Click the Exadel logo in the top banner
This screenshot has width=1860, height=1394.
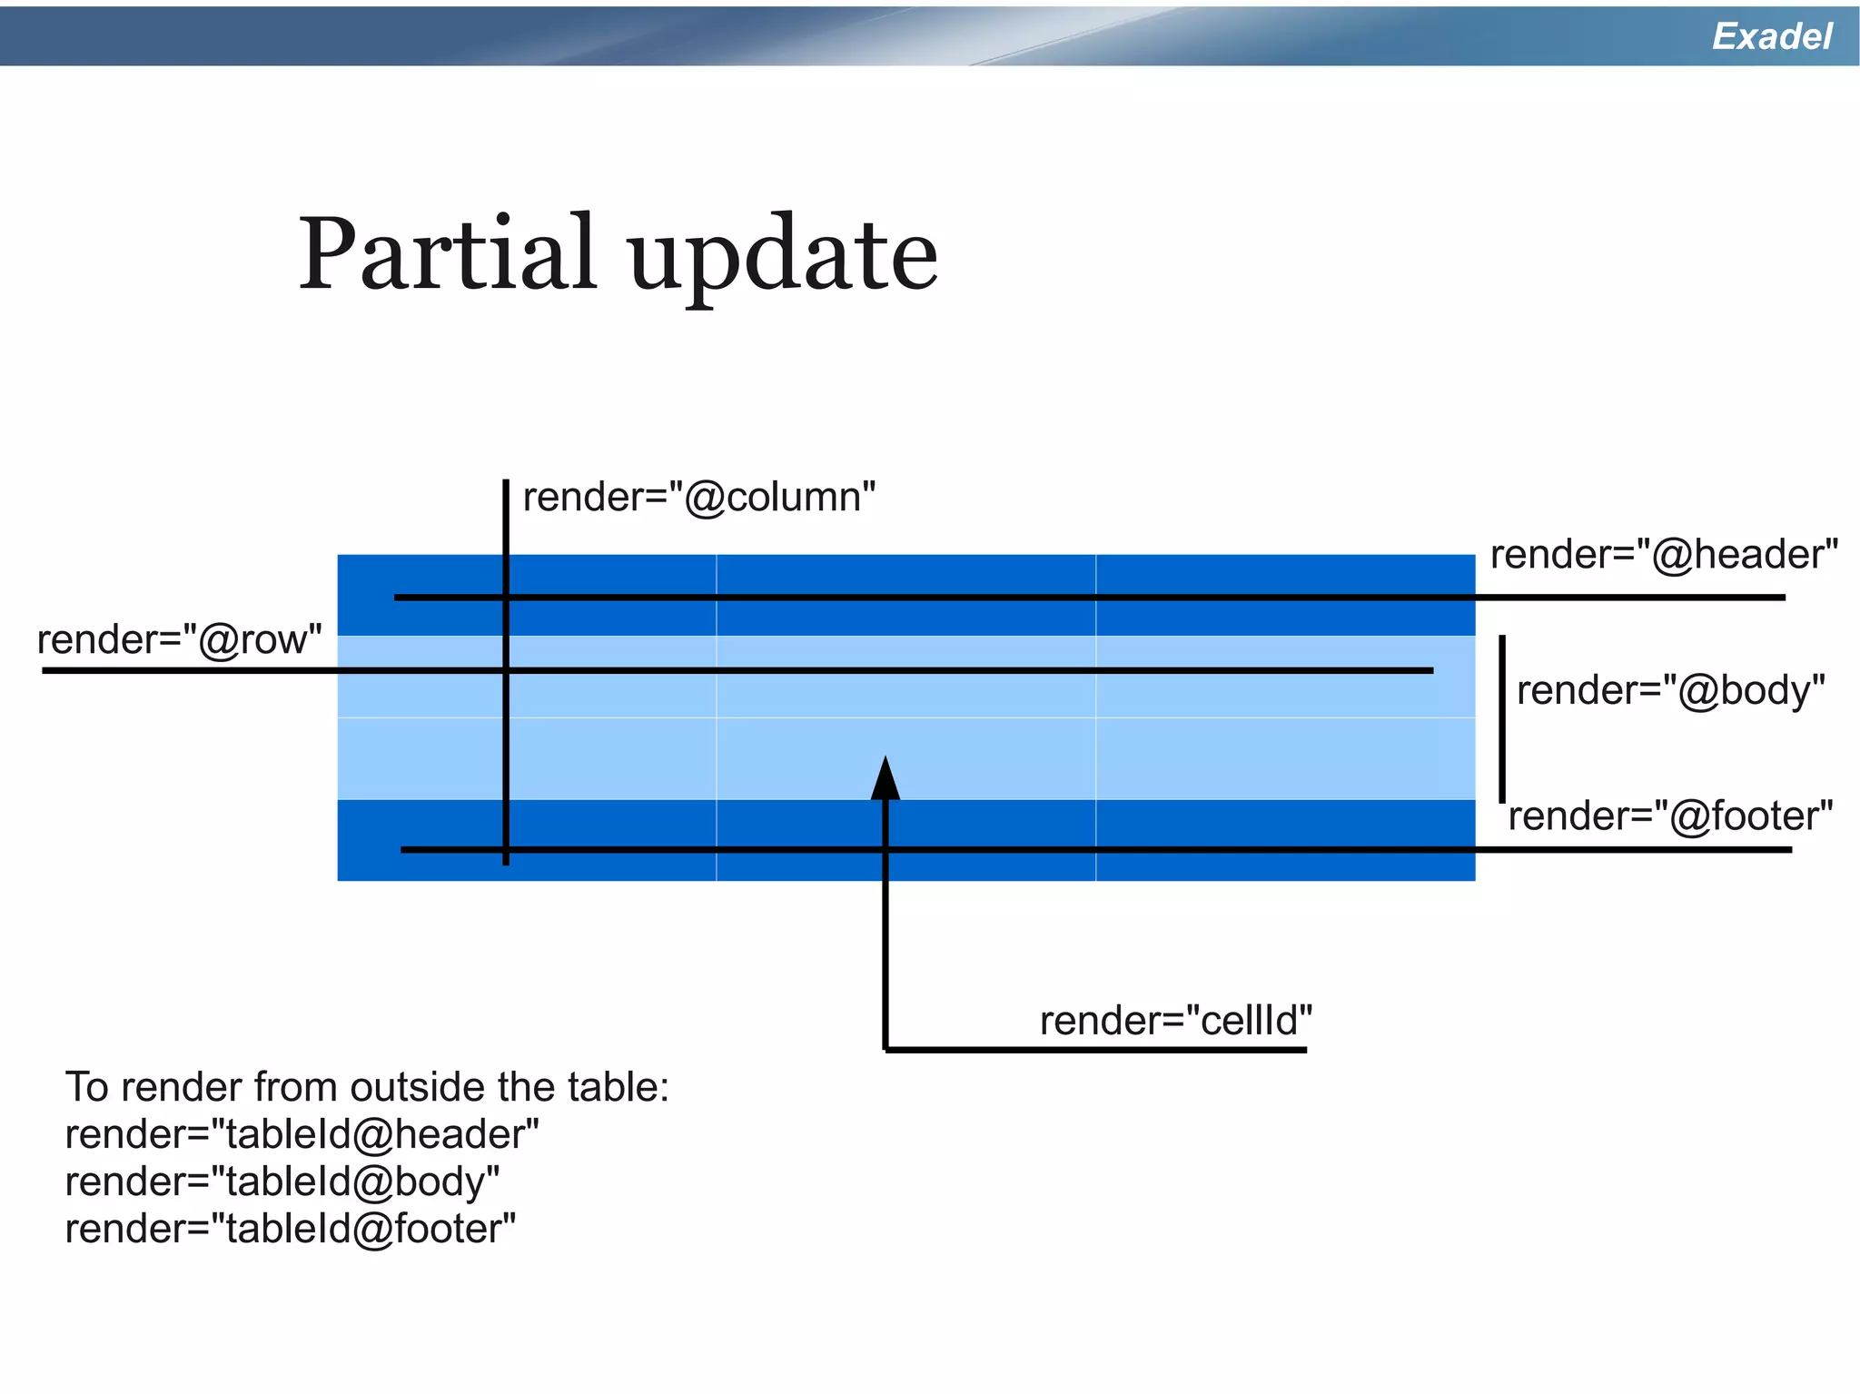pos(1771,36)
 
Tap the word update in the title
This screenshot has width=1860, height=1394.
pos(782,259)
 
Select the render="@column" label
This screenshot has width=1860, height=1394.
pos(698,497)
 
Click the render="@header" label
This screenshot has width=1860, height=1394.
pos(1663,554)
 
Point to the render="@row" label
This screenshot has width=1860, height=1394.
pos(179,639)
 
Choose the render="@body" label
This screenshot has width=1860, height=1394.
pos(1669,690)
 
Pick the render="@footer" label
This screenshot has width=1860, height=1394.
pos(1669,816)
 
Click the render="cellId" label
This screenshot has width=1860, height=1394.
pos(1175,1021)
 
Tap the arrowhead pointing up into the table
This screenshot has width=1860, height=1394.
pos(885,778)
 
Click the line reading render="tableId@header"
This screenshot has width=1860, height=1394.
pos(302,1134)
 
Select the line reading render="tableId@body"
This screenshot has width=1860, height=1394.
pos(282,1181)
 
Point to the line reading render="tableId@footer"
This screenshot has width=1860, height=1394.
pos(290,1229)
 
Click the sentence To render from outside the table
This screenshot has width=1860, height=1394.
pos(366,1087)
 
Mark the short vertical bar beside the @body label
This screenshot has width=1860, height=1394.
pos(1502,717)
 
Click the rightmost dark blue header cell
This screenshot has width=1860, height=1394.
pos(1285,576)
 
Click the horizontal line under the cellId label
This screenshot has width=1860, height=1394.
pos(1094,1050)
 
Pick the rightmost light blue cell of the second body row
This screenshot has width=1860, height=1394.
pos(1285,758)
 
